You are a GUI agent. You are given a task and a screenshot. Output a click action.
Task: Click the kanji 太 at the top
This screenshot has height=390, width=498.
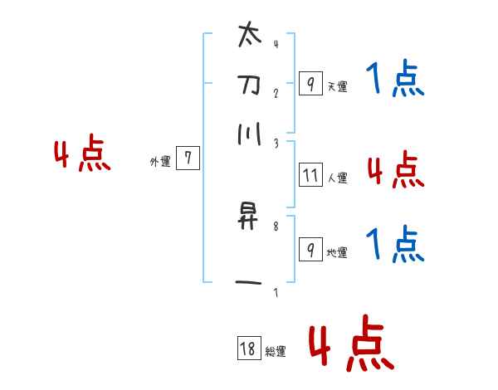248,37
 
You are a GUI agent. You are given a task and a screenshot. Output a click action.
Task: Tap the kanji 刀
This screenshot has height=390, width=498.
248,85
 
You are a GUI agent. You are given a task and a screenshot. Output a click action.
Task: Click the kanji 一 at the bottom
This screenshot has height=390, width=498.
248,284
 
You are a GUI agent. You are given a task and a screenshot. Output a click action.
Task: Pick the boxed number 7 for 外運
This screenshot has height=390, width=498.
188,158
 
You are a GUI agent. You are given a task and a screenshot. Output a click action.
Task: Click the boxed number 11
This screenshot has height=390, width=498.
310,175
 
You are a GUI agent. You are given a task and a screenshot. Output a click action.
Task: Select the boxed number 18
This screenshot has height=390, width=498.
248,349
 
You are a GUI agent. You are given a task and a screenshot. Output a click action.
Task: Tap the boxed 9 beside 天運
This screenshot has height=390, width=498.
310,84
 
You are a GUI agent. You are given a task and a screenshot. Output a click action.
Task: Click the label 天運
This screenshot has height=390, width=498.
337,86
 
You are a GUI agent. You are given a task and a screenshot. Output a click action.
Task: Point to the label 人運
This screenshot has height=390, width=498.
337,178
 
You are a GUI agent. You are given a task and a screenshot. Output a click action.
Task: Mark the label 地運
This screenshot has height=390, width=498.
337,252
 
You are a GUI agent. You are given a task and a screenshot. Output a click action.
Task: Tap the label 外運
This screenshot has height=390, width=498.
159,162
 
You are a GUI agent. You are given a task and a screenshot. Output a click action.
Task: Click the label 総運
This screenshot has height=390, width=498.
276,352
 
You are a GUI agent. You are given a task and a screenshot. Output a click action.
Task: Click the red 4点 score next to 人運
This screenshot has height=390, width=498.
395,171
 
